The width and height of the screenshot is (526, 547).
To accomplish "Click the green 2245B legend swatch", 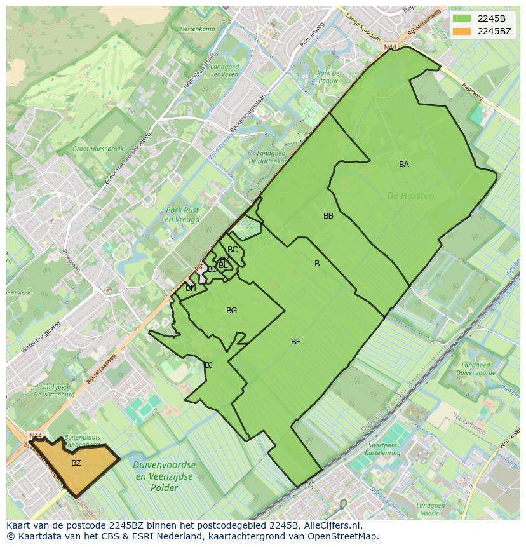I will click(462, 18).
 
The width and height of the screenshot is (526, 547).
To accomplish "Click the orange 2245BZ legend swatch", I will click(462, 31).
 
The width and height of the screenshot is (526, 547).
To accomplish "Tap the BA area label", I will click(404, 165).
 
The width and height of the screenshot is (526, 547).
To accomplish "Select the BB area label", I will click(328, 216).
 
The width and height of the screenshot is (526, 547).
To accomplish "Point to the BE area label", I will click(296, 342).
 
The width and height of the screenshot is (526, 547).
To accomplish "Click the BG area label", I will click(231, 311).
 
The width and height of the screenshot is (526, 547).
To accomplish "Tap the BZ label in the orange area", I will click(76, 463).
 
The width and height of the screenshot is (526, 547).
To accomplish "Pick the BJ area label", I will click(208, 365).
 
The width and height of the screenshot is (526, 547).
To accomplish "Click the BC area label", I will click(233, 250).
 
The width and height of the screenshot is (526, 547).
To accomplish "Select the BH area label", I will click(191, 288).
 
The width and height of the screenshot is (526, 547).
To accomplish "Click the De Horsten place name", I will click(410, 196).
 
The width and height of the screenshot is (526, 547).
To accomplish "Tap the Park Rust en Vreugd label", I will click(182, 215).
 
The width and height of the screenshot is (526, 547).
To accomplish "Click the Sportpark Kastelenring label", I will click(384, 449).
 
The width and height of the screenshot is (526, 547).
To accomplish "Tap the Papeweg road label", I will click(472, 93).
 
